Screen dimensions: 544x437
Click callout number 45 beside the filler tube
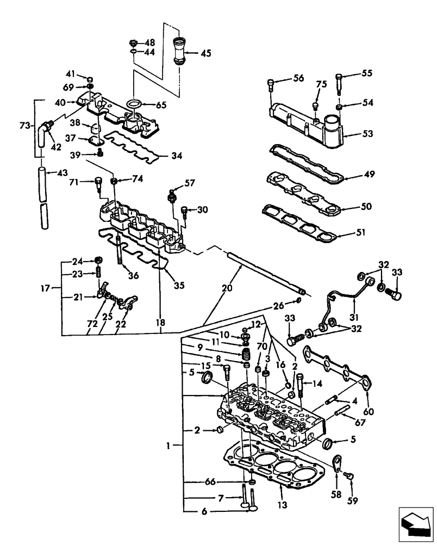tap(205, 53)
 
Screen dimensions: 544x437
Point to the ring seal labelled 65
tap(133, 104)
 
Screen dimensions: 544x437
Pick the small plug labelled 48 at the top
tap(133, 42)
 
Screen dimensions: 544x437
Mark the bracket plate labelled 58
tap(336, 463)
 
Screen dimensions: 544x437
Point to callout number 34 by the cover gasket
tap(176, 156)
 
